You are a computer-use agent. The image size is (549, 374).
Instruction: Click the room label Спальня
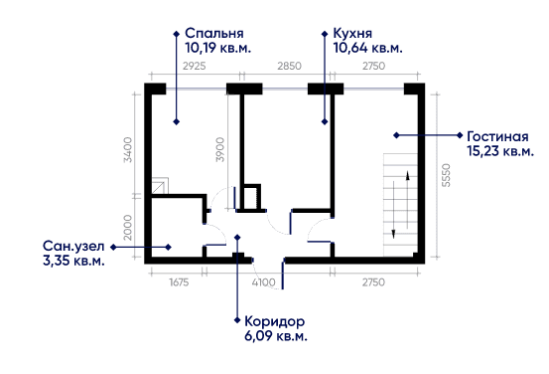[213, 34]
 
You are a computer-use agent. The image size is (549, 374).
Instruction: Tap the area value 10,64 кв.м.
[367, 48]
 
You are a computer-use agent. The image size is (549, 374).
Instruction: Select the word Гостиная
[497, 136]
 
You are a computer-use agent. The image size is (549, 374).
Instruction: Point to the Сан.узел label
[73, 246]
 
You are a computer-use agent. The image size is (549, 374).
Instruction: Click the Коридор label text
[274, 321]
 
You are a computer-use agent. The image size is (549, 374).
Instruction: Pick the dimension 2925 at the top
[195, 66]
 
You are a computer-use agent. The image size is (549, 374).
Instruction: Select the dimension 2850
[289, 66]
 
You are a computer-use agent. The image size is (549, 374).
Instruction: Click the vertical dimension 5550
[446, 175]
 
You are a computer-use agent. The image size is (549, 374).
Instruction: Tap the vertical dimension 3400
[128, 150]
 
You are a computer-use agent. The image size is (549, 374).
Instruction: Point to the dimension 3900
[219, 149]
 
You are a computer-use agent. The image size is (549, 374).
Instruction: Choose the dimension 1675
[179, 282]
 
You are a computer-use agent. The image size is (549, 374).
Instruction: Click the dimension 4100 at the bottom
[263, 282]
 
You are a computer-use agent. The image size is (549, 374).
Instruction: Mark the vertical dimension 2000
[128, 228]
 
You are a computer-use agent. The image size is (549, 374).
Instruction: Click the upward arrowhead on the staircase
[408, 175]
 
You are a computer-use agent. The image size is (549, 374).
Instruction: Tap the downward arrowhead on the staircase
[393, 234]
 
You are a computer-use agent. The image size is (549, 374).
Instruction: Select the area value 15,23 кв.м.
[500, 151]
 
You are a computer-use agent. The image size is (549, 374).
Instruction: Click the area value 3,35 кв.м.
[73, 261]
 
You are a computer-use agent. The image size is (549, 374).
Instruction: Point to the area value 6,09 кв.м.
[276, 336]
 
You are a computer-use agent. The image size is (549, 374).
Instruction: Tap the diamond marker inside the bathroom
[169, 247]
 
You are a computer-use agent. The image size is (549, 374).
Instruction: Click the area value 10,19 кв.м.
[217, 48]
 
